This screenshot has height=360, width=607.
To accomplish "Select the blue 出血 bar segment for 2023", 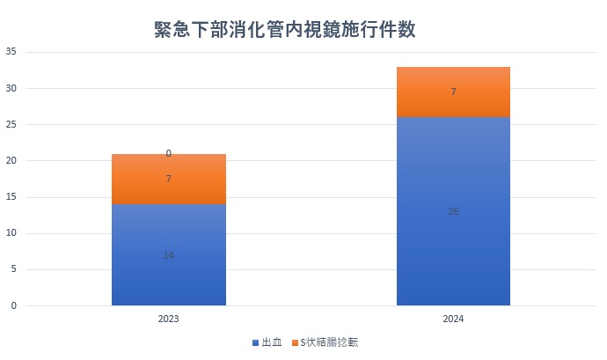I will pos(169,264).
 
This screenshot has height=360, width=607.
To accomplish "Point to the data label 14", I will pos(169,255).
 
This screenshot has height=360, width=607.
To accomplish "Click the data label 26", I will pos(453,211).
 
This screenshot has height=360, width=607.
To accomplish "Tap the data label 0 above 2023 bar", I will pos(169,153).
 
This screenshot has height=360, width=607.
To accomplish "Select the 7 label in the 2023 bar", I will pos(169,179).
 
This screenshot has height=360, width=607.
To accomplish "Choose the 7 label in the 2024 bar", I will pos(453,92).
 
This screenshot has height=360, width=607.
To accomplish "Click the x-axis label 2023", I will pos(169,320).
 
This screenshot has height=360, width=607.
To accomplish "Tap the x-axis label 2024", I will pos(453,320).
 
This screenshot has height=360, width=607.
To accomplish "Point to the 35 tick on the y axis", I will pos(11,52).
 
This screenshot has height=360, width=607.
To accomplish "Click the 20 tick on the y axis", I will pos(11,161).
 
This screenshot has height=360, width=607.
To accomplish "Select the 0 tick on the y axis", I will pos(14,305).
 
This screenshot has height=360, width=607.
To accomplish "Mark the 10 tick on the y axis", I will pos(11,233).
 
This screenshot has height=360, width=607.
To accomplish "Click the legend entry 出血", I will pos(272,342).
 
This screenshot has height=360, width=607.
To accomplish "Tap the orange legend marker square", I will pos(294,342).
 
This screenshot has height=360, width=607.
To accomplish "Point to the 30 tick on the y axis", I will pos(11,88).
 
